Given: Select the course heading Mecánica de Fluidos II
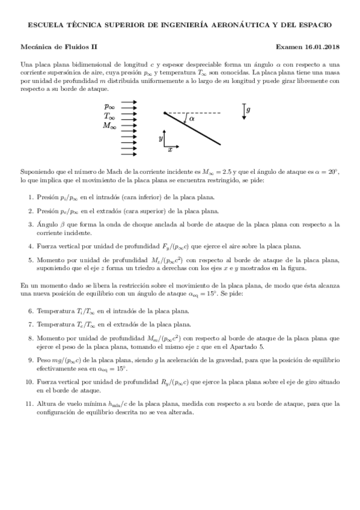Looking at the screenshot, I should [58, 46].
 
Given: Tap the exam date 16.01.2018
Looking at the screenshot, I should [319, 46].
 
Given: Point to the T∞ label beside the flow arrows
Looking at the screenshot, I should [109, 116].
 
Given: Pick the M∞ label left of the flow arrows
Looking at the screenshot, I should [109, 126].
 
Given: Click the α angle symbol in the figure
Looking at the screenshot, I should [192, 119].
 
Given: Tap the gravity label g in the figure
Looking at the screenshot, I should [249, 110].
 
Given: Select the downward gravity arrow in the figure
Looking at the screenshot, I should [243, 112].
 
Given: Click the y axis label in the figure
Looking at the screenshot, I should [160, 138].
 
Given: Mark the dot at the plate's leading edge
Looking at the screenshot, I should [164, 113].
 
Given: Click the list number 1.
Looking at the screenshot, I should [31, 197].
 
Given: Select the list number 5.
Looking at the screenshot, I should [31, 260].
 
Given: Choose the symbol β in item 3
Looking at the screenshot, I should [58, 224].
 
